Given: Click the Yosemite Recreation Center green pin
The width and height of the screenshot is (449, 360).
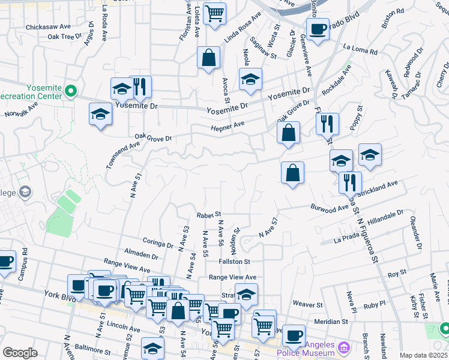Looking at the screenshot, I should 71,91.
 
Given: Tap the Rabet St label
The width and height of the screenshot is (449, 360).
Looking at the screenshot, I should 209,214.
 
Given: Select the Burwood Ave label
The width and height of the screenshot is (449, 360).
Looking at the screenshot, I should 330,208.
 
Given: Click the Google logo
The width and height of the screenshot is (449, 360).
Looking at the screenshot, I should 19,353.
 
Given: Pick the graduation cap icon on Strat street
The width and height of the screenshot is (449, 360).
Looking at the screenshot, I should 246,294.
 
